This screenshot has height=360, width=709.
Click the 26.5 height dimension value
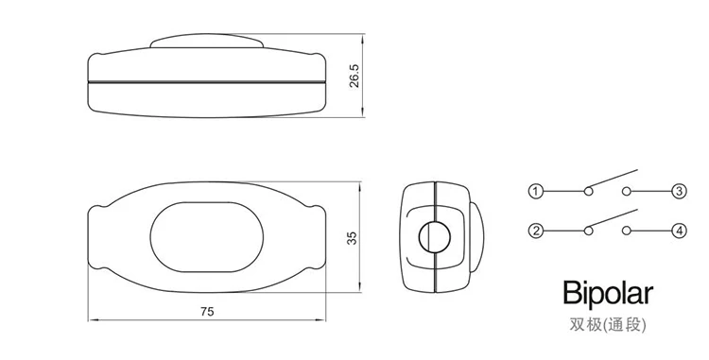pos(354,76)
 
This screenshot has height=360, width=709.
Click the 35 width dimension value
pos(352,238)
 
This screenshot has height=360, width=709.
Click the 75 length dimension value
pos(207,312)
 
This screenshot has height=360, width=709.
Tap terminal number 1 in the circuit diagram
pos(536,192)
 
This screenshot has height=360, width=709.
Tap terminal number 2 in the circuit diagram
pos(536,231)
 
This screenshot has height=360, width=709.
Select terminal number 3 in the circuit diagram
pos(679,192)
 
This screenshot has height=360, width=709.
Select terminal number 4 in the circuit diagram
pos(679,231)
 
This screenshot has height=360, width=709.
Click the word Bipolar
pos(608,294)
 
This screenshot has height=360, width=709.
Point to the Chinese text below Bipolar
pos(608,325)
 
